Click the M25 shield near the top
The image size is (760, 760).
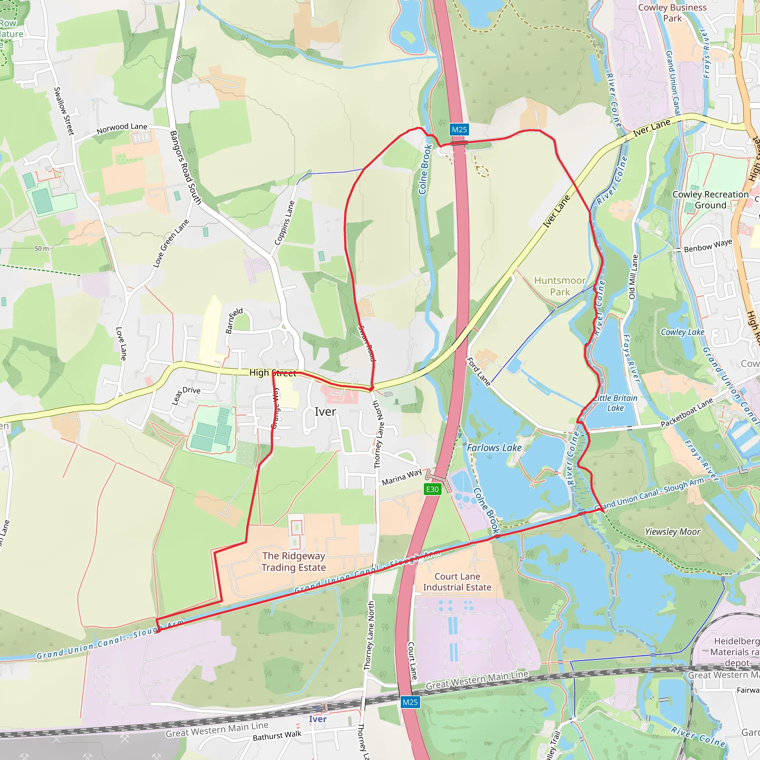(x=459, y=130)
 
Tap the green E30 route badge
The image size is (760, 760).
(x=432, y=489)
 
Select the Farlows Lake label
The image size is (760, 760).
(x=494, y=448)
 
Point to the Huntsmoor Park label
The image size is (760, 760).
(x=560, y=286)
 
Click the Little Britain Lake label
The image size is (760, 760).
(x=615, y=403)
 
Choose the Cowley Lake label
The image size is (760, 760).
(x=682, y=332)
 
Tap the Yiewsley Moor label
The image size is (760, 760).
(x=673, y=532)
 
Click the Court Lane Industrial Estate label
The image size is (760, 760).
(x=457, y=582)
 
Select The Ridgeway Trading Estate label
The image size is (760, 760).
(x=294, y=561)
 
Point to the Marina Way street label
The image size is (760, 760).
(x=402, y=477)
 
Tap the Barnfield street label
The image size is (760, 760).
(x=234, y=321)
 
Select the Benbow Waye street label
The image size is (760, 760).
(x=708, y=246)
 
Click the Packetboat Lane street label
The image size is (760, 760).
(x=687, y=413)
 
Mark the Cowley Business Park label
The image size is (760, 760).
(x=672, y=13)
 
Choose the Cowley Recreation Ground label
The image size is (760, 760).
(x=710, y=200)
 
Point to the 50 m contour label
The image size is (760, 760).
(x=42, y=249)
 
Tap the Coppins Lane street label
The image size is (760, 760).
(x=284, y=223)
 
